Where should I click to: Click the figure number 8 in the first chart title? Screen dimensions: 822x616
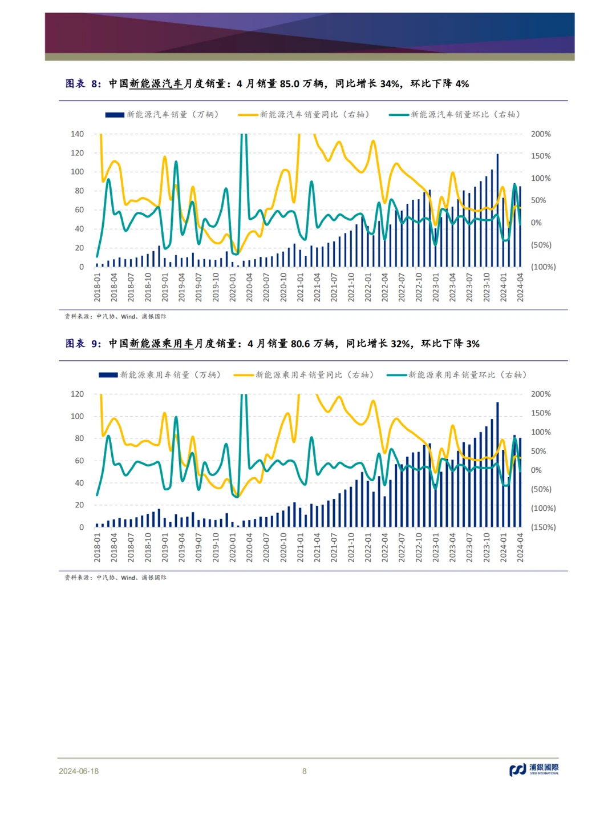[95, 84]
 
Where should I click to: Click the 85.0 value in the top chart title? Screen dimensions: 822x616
[289, 84]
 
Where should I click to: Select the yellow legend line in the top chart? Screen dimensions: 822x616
[248, 115]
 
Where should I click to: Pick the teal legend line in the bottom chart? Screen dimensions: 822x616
[397, 375]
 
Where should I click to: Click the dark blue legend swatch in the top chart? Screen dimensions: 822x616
[115, 115]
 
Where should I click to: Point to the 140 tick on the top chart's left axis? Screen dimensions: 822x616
[77, 134]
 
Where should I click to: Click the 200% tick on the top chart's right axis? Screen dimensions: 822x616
[541, 134]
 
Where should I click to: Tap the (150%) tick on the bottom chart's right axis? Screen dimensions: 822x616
[543, 527]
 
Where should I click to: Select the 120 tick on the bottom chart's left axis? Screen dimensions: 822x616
[77, 394]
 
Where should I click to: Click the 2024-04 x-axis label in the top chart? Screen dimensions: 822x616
[520, 287]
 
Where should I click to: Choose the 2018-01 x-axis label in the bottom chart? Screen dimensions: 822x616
[98, 547]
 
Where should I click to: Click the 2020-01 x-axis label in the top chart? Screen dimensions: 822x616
[233, 287]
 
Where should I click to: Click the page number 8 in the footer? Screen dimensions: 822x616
[305, 771]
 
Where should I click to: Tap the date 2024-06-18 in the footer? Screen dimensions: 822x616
[79, 771]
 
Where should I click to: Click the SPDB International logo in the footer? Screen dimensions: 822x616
[534, 769]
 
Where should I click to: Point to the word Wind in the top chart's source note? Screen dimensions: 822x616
[128, 317]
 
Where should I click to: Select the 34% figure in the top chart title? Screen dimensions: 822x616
[390, 84]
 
